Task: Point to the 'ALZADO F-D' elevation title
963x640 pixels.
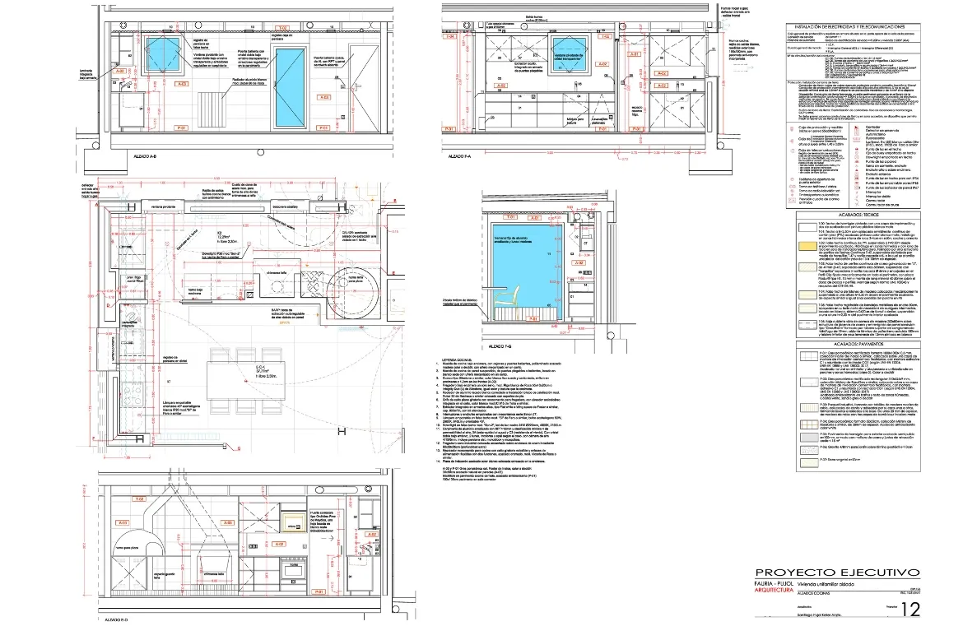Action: pos(114,618)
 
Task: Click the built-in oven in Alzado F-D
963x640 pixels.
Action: pos(293,568)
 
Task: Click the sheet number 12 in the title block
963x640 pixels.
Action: pos(910,610)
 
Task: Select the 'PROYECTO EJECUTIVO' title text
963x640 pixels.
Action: pos(837,573)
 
